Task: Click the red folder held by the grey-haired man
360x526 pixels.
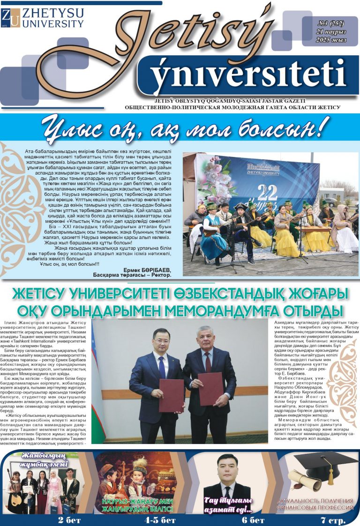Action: pos(210,388)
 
